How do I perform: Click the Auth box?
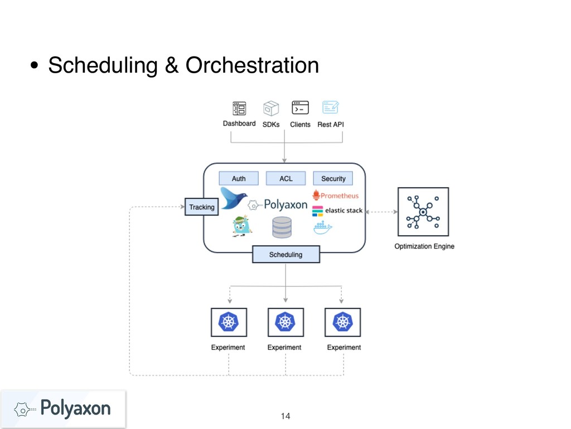point(239,178)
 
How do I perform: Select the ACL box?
point(285,178)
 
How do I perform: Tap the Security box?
point(333,178)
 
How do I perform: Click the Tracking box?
point(201,207)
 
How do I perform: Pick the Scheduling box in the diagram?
point(285,254)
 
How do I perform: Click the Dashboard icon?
point(239,108)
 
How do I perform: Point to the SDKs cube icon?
point(271,108)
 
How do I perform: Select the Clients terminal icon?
point(300,108)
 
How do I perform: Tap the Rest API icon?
point(330,108)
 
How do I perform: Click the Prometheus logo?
point(335,196)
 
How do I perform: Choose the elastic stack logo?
point(337,211)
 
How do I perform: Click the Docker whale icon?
point(322,227)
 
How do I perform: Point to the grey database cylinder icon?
point(282,227)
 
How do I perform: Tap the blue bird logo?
point(234,198)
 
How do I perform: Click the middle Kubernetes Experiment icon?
point(285,322)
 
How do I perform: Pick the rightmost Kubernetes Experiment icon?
point(342,322)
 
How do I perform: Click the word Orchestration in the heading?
point(251,66)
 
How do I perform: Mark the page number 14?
point(285,416)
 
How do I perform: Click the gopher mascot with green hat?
point(241,226)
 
